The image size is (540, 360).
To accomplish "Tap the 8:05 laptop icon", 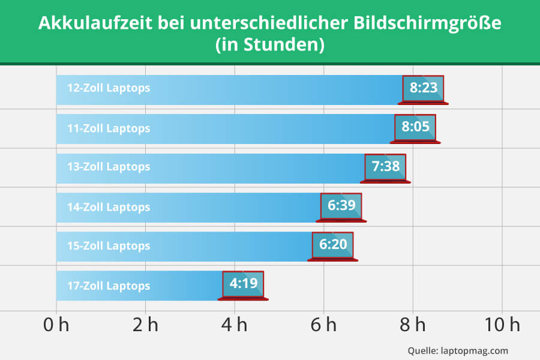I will coord(415,128).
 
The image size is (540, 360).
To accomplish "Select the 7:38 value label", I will coord(386,167).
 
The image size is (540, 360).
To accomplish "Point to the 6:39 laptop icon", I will coord(341,207).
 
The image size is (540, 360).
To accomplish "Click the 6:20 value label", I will coord(333,245).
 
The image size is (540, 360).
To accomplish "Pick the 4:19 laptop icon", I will coord(243,284).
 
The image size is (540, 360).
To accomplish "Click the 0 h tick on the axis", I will coord(56,326).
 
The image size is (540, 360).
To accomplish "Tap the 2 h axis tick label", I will coord(145,326).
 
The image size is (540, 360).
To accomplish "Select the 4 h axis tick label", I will coord(234,326).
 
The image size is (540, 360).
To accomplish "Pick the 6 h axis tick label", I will coord(323,326).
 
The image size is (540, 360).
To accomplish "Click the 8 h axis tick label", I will coord(413,326).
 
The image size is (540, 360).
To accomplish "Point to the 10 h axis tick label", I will coord(503,326).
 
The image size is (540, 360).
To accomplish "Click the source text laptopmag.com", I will coord(474,350).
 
